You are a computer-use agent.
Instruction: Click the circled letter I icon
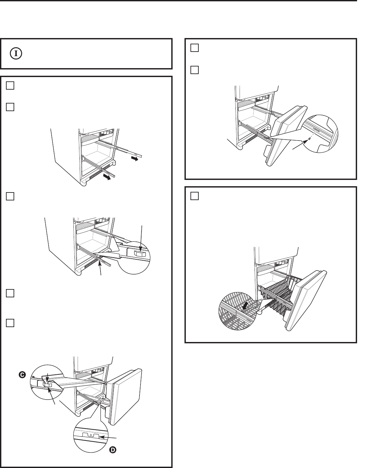(16, 54)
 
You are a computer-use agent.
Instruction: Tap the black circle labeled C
(22, 375)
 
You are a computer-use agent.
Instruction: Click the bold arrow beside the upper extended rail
(135, 159)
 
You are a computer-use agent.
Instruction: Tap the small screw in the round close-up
(309, 139)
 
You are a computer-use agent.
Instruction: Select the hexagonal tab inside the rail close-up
(140, 253)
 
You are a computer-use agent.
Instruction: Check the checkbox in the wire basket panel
(195, 196)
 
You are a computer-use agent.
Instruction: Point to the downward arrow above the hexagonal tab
(142, 238)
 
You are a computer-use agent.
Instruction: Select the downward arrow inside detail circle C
(48, 379)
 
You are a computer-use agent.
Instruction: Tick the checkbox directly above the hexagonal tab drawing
(10, 196)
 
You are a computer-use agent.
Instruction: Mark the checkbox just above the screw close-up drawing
(195, 70)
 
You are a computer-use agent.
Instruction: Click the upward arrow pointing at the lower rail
(100, 267)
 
